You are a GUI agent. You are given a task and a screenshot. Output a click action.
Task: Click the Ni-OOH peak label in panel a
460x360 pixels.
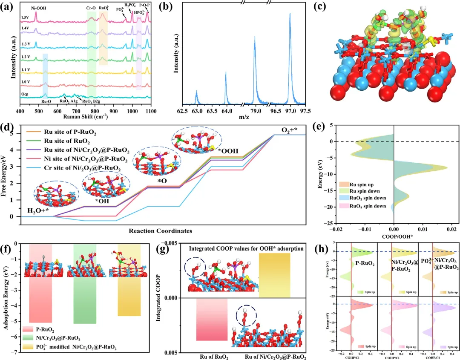pyautogui.click(x=36, y=7)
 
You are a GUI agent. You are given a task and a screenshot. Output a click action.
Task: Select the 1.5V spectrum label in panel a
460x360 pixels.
pyautogui.click(x=26, y=18)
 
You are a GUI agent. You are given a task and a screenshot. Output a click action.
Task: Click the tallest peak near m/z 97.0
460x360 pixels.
pyautogui.click(x=290, y=14)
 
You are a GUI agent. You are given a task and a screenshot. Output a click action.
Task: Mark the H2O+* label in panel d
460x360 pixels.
pyautogui.click(x=37, y=210)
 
